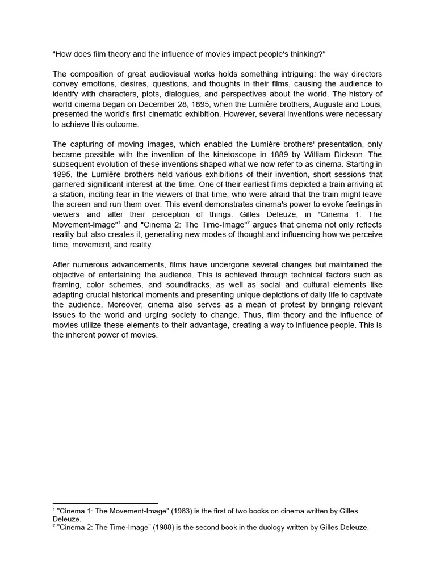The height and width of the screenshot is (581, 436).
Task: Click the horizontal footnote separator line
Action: [105, 503]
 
